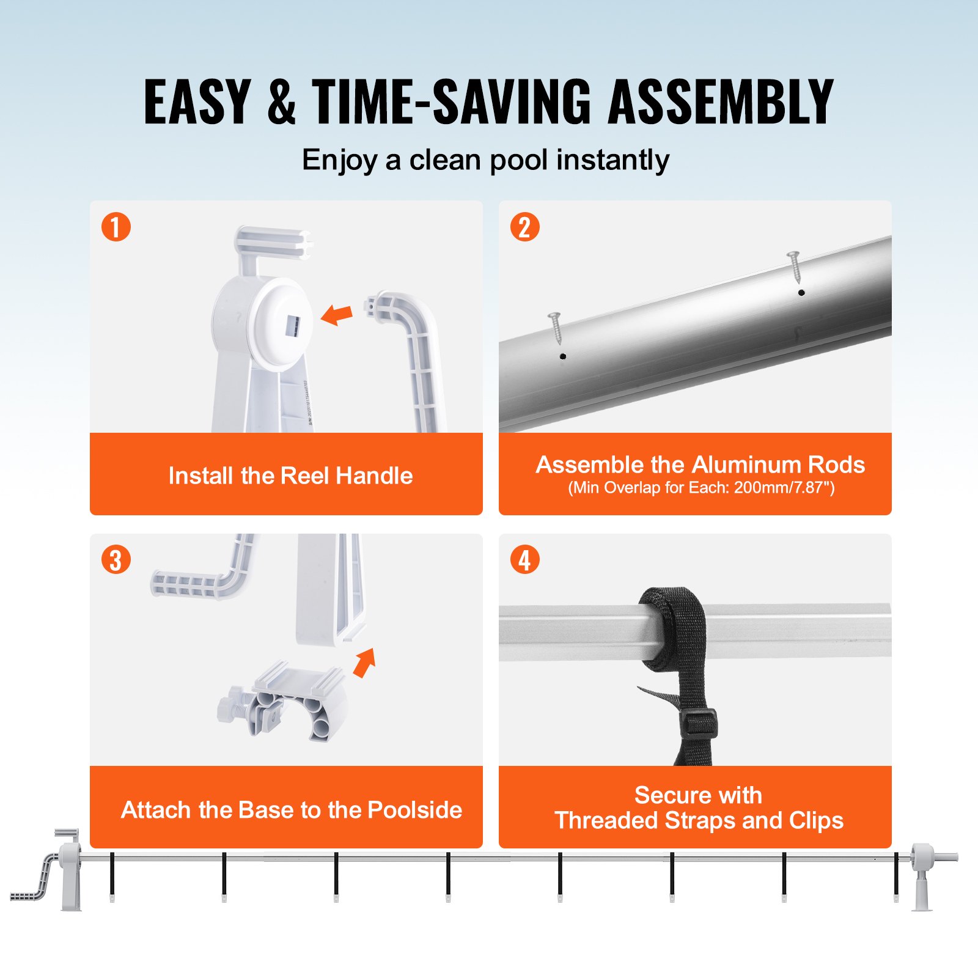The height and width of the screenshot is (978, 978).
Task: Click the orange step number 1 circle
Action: click(x=116, y=227)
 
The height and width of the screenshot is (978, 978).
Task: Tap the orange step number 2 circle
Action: click(x=524, y=227)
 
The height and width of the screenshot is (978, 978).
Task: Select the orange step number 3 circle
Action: click(x=116, y=560)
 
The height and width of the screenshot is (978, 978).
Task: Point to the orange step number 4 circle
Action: click(x=524, y=560)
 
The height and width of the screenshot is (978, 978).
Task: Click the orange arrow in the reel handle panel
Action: click(x=337, y=315)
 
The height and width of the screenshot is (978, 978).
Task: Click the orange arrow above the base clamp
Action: click(x=365, y=663)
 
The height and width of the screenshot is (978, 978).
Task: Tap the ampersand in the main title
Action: click(x=281, y=102)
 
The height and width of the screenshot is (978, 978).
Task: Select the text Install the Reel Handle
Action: click(x=290, y=476)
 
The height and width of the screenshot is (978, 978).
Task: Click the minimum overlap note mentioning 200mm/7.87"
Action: click(x=700, y=488)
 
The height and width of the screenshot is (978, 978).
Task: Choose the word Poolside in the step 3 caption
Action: click(x=414, y=809)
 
